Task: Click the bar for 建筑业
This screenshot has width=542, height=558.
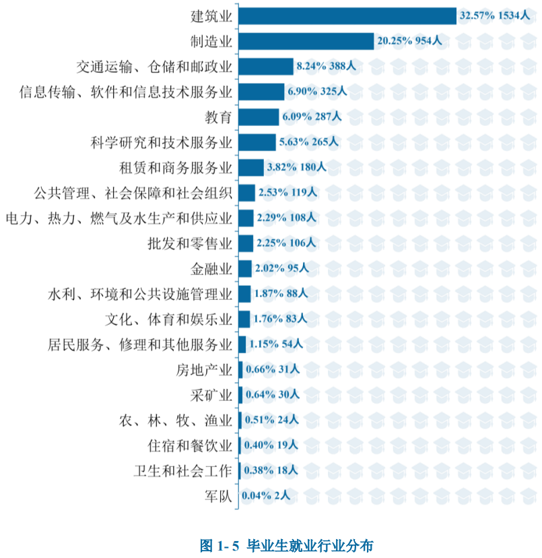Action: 347,16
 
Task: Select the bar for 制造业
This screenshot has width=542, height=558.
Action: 306,41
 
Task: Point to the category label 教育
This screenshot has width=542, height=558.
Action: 219,117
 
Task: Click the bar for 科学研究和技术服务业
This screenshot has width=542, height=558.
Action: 257,142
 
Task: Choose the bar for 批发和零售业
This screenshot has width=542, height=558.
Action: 246,243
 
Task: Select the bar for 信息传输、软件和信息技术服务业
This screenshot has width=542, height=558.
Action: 261,92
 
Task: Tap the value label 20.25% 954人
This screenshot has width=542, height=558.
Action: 409,41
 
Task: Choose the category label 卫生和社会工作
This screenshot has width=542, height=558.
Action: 183,470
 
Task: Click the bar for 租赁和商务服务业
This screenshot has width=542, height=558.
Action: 250,167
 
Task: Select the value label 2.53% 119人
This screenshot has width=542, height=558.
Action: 287,193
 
